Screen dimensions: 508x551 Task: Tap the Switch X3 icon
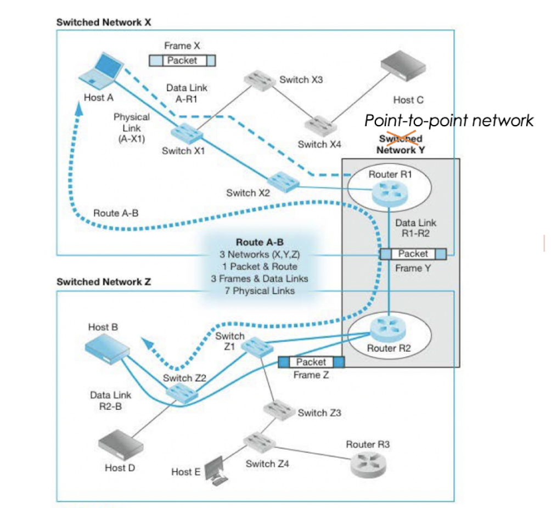point(260,80)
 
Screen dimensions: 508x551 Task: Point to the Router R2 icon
point(386,328)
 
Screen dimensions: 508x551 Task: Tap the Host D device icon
point(117,442)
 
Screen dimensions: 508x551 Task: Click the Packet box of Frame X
point(182,60)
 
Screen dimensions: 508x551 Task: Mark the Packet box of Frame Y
point(413,253)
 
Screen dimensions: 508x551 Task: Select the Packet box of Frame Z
point(311,362)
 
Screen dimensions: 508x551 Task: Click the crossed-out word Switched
point(400,139)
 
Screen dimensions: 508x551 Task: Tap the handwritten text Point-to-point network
point(449,120)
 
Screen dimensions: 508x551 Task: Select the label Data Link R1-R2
point(416,228)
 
